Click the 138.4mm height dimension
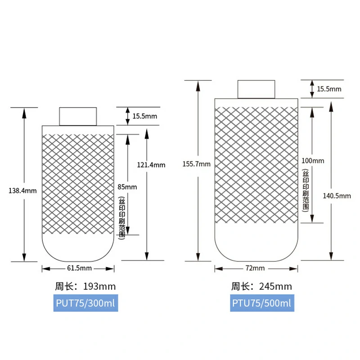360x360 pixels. tap(22, 191)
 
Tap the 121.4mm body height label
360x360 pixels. tap(151, 165)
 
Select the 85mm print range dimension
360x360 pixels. tap(127, 187)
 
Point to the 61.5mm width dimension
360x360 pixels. tap(80, 268)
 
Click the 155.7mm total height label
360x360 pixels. tap(196, 164)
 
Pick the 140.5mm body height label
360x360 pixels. tap(337, 196)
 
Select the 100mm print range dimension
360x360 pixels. tap(313, 161)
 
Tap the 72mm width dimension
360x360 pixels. tap(255, 268)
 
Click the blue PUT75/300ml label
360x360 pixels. tap(85, 303)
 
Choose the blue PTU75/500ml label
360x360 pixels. tap(262, 303)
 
